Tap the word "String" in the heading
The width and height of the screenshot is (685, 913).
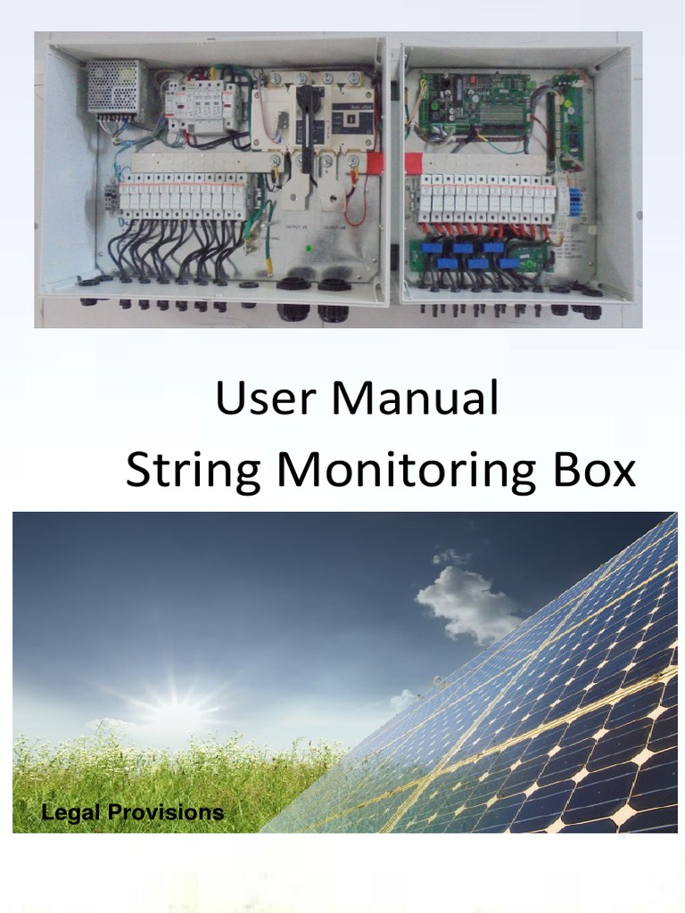193,471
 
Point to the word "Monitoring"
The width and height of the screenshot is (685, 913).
406,471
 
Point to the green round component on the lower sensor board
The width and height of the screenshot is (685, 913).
529,264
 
